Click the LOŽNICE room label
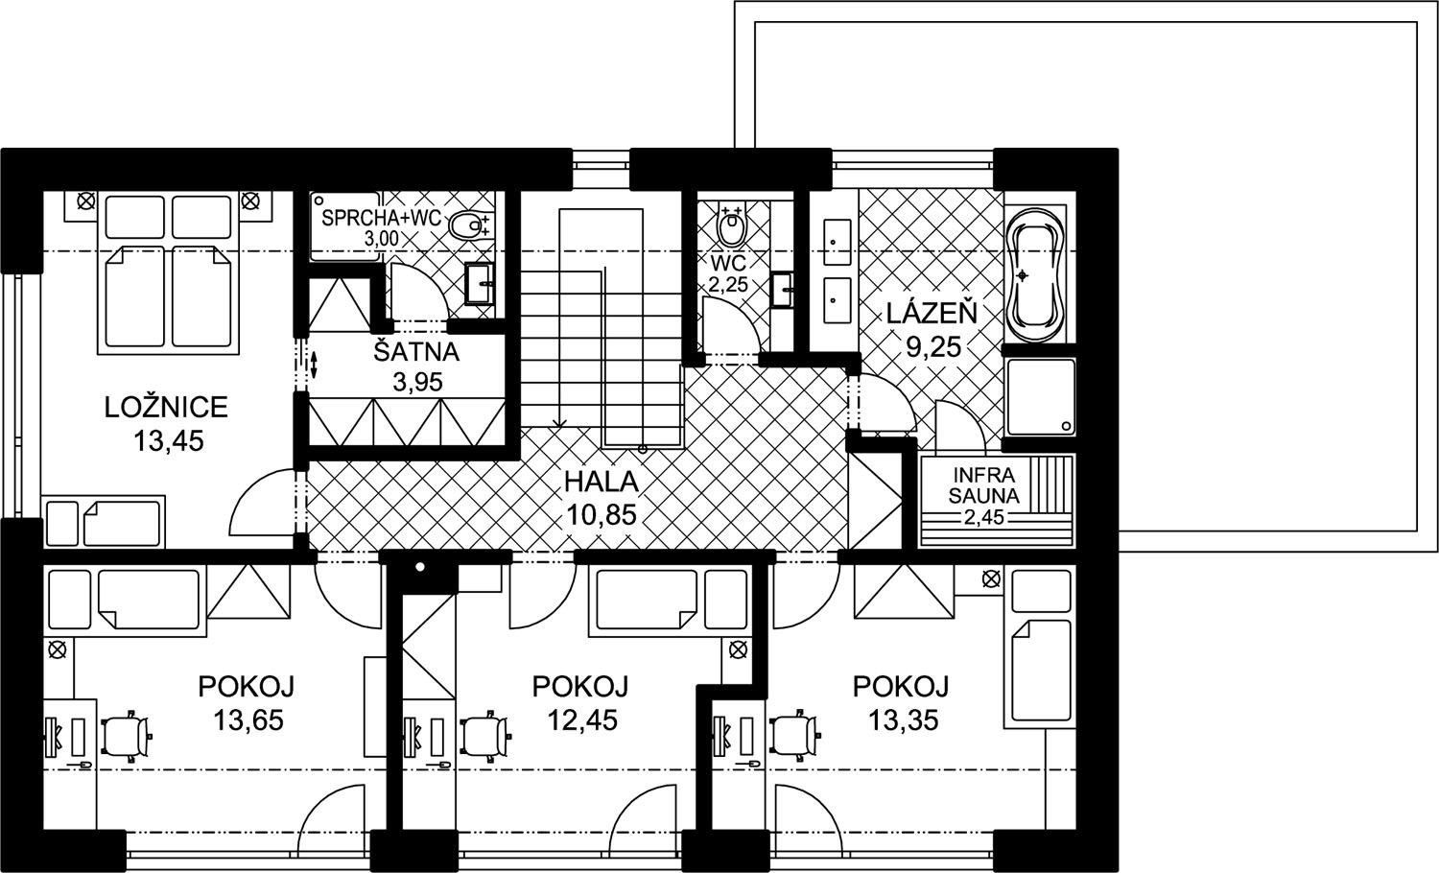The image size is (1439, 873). [166, 407]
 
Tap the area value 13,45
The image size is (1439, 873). [168, 441]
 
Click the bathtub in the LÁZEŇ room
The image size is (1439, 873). [1035, 275]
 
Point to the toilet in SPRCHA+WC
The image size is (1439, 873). [468, 225]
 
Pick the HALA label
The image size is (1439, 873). [602, 483]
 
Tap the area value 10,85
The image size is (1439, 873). [602, 514]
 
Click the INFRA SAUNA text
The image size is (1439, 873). [983, 485]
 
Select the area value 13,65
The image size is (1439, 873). [248, 720]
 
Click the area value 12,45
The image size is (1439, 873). [582, 720]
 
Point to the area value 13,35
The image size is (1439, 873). [904, 720]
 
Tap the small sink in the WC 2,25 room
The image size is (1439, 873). [783, 291]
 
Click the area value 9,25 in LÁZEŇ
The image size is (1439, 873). [932, 347]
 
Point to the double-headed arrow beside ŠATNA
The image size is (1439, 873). [314, 364]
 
